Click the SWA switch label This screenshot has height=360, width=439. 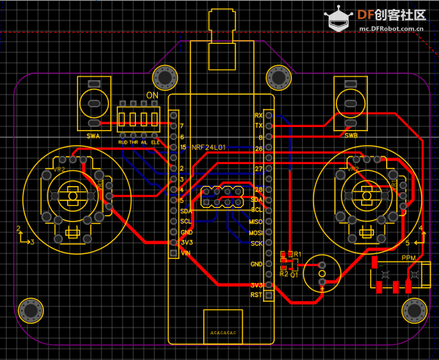(x=93, y=136)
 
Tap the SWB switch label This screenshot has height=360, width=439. (x=351, y=136)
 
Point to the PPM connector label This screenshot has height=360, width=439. (x=409, y=259)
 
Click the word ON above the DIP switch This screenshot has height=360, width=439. (x=152, y=95)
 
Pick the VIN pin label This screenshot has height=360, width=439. (x=186, y=253)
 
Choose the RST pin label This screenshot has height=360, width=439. (x=257, y=295)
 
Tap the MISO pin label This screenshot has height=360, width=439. (x=255, y=222)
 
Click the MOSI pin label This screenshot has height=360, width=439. (x=255, y=233)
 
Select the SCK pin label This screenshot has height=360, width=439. (x=257, y=244)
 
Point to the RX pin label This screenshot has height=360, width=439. (x=258, y=115)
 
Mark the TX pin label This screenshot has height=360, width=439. (x=258, y=126)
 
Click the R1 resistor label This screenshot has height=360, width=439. (x=298, y=253)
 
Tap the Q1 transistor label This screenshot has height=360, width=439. (x=295, y=274)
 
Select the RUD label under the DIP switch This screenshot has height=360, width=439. (x=123, y=141)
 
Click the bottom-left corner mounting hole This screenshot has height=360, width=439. (x=31, y=310)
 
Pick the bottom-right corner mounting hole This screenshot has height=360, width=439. (x=414, y=310)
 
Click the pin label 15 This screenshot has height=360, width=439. (x=183, y=147)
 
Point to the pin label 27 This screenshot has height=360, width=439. (x=258, y=169)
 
